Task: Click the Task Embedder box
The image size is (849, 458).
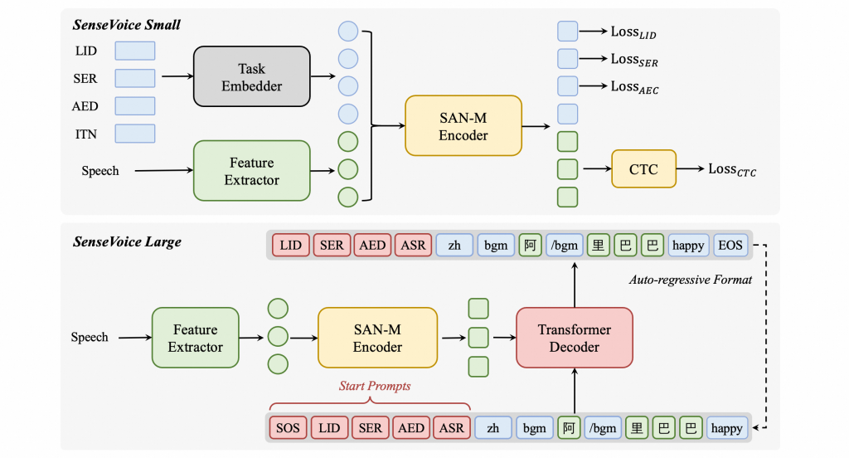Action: point(251,76)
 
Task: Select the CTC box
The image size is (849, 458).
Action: point(643,169)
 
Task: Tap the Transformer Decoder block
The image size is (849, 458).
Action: point(574,338)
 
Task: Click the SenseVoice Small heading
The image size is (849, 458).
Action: point(127,25)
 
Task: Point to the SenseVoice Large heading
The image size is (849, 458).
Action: point(127,242)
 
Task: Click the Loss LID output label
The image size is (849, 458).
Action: point(633,33)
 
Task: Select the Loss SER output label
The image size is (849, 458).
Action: point(633,60)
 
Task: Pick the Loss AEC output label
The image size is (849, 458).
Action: point(634,86)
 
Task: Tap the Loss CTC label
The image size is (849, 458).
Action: point(731,169)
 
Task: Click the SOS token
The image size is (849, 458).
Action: point(289,428)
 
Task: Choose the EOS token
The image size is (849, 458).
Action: point(730,245)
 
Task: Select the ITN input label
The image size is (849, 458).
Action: point(86,134)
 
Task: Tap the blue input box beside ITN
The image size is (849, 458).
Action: point(134,134)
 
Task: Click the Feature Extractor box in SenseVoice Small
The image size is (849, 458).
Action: point(251,171)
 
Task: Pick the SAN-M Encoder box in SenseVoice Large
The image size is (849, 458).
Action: point(377,338)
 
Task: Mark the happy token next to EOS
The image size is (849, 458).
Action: point(688,245)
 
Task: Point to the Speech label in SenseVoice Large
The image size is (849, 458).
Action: point(90,338)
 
